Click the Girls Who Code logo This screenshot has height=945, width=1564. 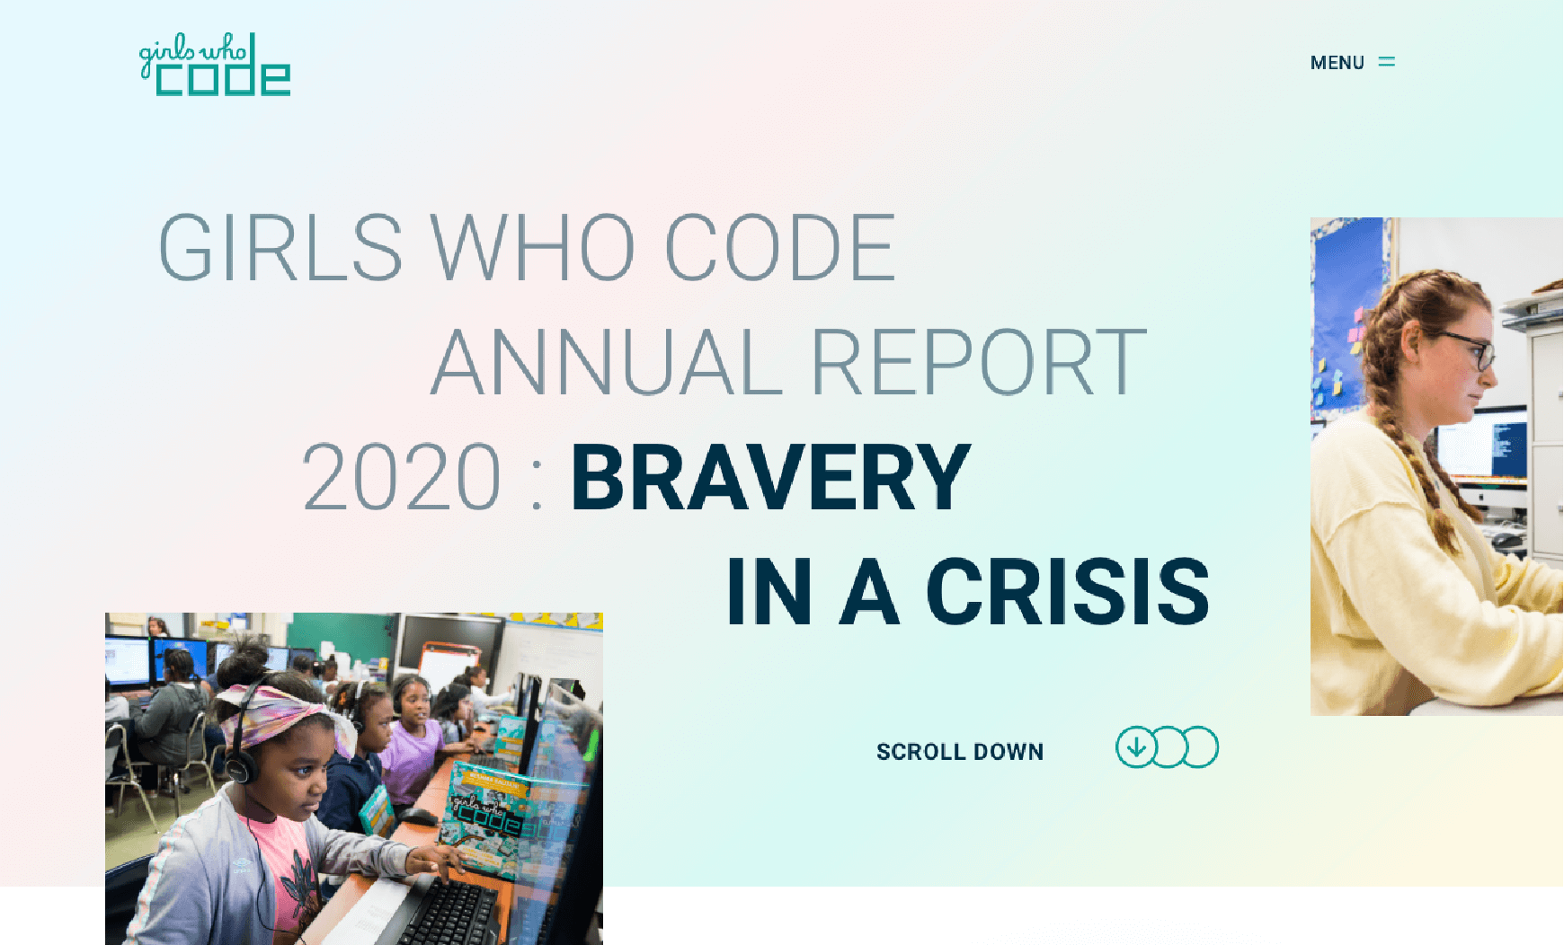coord(215,65)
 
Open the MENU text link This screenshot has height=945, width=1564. coord(1337,63)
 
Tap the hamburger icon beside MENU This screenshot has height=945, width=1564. coord(1387,62)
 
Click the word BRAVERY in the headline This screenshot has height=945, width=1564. coord(770,477)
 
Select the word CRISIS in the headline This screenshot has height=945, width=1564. coord(1068,591)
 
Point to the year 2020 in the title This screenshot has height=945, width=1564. coord(401,477)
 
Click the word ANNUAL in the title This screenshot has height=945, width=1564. coord(607,362)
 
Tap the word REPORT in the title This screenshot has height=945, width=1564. coord(979,362)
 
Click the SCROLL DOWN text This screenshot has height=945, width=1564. coord(960,752)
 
